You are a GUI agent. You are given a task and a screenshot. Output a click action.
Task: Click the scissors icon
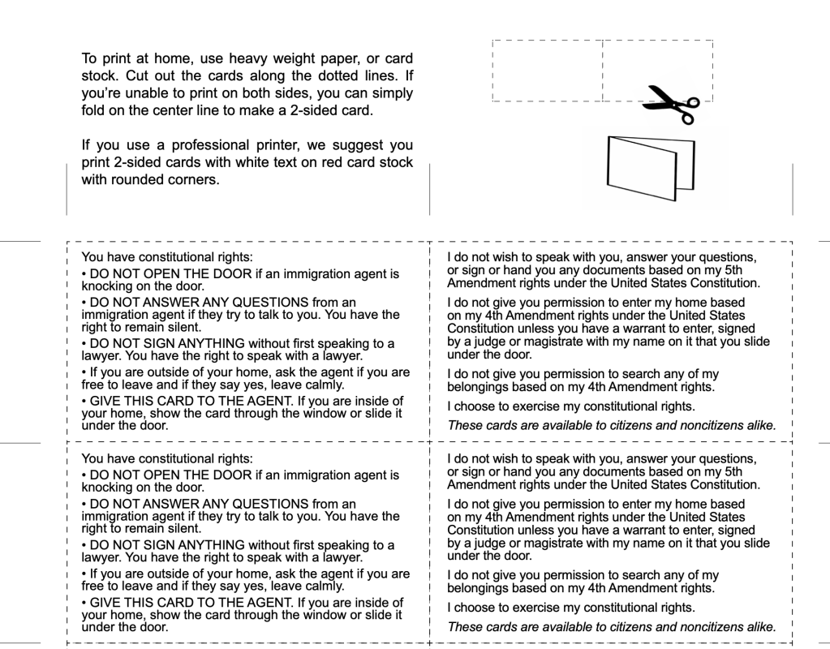pos(673,105)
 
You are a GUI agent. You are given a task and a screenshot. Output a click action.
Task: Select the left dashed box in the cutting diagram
pos(547,70)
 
